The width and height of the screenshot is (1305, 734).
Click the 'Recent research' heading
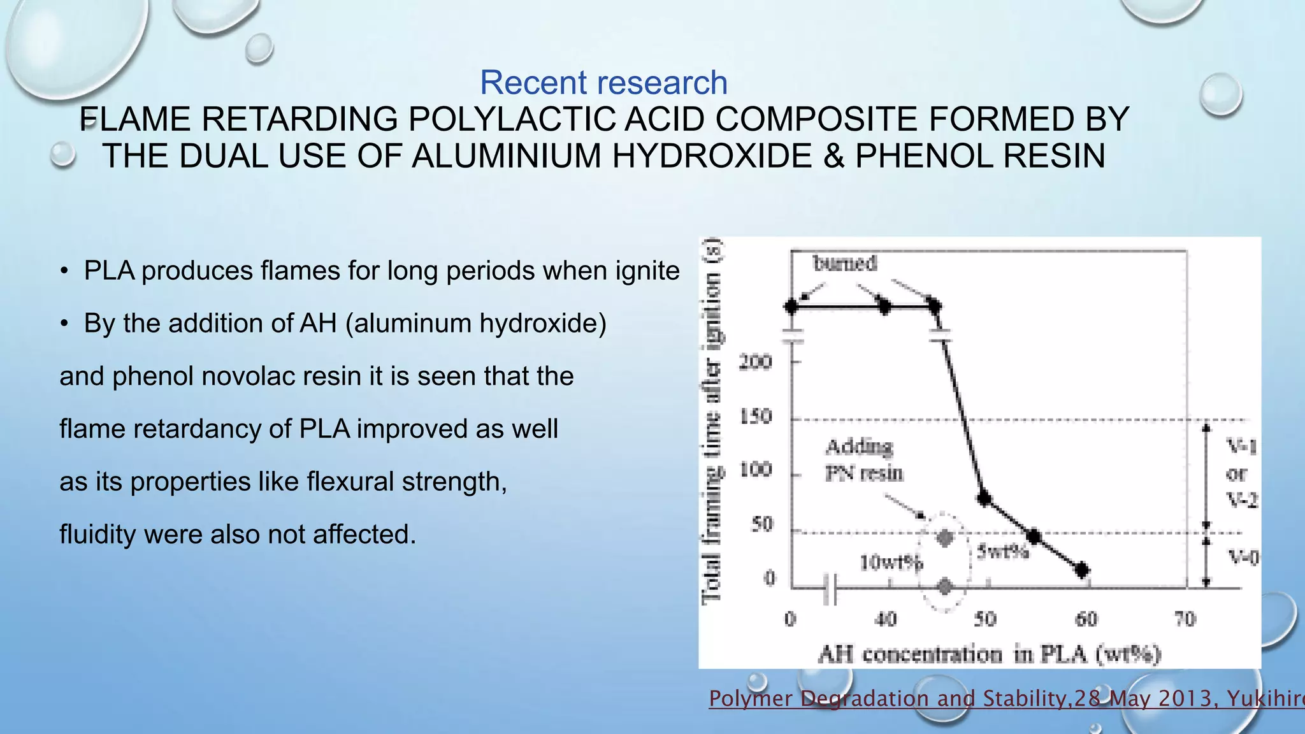pyautogui.click(x=603, y=83)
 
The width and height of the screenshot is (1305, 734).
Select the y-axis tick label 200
pyautogui.click(x=755, y=362)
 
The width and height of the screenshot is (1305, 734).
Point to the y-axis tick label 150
pyautogui.click(x=755, y=417)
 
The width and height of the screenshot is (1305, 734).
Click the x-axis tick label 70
pyautogui.click(x=1185, y=619)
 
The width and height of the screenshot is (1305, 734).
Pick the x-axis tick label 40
pyautogui.click(x=885, y=619)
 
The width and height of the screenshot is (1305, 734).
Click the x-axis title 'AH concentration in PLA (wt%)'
pyautogui.click(x=989, y=654)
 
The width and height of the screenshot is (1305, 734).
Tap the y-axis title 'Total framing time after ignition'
pyautogui.click(x=712, y=421)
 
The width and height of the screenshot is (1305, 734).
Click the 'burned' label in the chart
pyautogui.click(x=845, y=263)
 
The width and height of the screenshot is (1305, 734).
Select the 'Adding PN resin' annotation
pyautogui.click(x=863, y=460)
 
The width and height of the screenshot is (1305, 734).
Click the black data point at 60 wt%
pyautogui.click(x=1082, y=570)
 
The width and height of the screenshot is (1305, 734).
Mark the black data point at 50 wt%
pyautogui.click(x=984, y=498)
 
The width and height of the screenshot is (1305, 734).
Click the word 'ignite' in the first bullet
pyautogui.click(x=647, y=271)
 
